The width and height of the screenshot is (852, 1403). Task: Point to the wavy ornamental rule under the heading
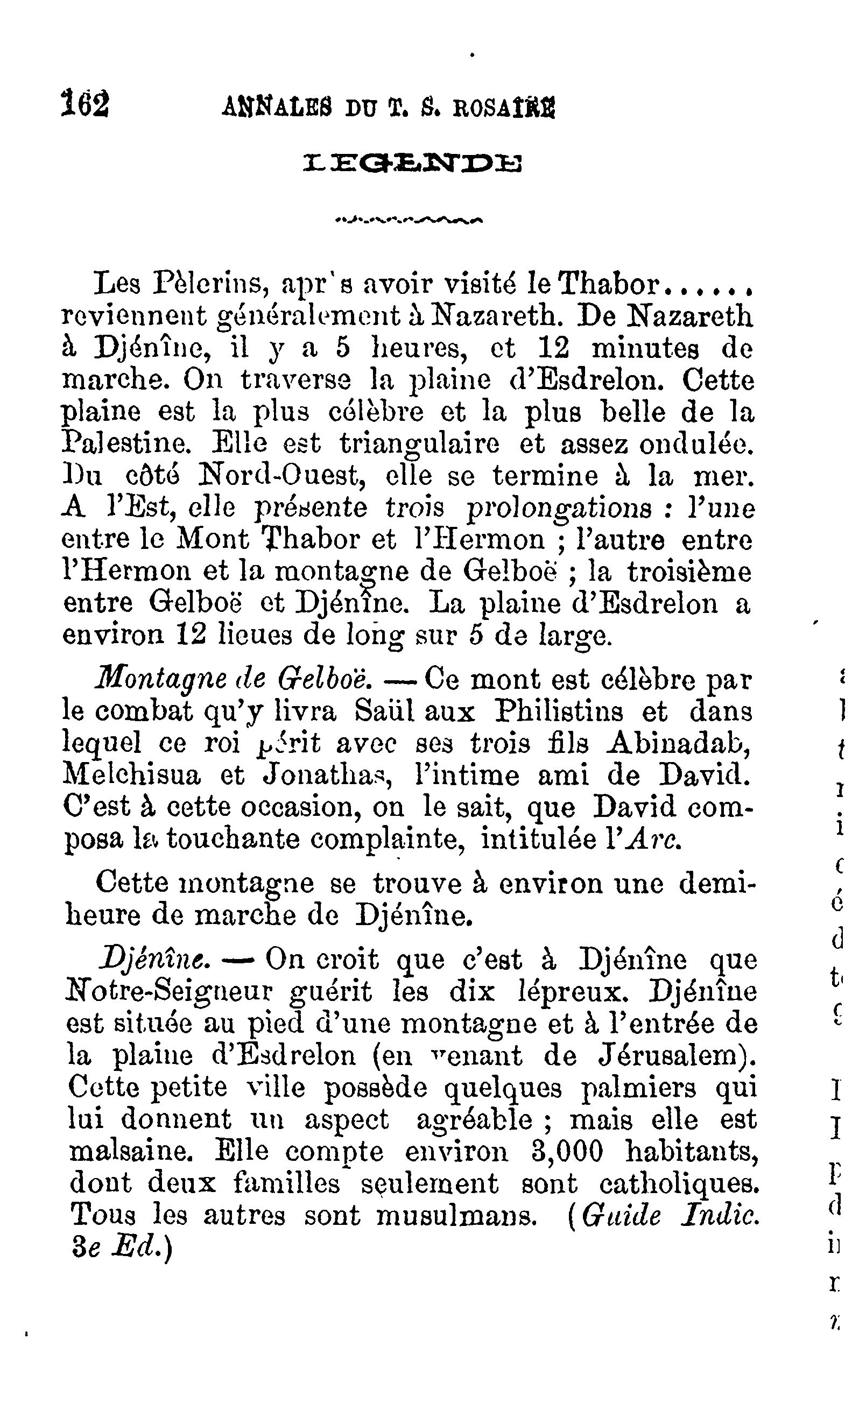tap(409, 219)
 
